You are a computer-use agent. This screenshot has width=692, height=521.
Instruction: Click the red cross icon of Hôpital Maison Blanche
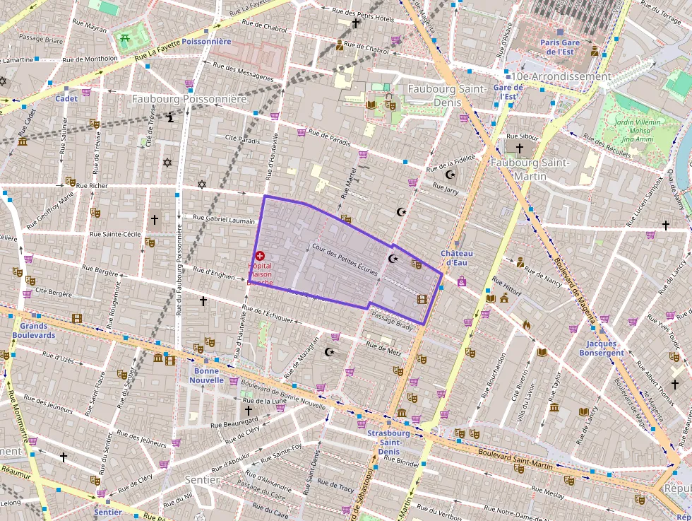(260, 255)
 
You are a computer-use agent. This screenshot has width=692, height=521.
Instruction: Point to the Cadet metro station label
(66, 98)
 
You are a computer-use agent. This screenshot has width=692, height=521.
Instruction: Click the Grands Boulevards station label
(33, 331)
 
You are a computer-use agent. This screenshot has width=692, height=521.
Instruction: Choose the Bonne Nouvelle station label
(206, 375)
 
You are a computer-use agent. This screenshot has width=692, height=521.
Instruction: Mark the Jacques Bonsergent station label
(601, 348)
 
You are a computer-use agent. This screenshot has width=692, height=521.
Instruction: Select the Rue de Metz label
(384, 347)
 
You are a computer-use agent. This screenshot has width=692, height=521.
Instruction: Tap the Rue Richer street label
(92, 186)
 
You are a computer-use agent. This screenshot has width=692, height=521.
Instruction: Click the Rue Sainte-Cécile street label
(117, 233)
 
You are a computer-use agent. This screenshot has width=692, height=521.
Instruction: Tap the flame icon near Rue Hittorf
(526, 325)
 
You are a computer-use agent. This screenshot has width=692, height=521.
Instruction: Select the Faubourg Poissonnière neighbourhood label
(189, 99)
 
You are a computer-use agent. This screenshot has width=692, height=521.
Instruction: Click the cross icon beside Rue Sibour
(520, 148)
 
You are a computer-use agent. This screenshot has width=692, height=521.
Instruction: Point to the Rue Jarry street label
(446, 189)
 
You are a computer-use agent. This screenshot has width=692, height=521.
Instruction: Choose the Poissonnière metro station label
(206, 42)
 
